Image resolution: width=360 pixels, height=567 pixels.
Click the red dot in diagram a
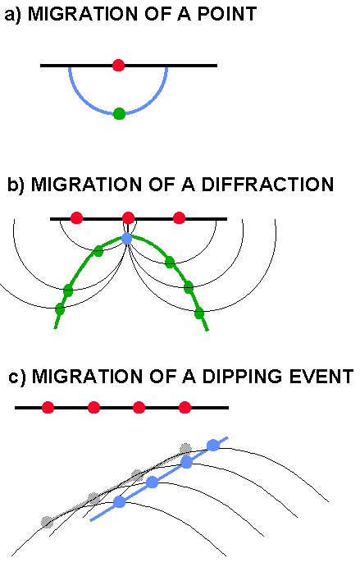click(x=119, y=66)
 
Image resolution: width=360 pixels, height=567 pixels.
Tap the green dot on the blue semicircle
click(x=119, y=113)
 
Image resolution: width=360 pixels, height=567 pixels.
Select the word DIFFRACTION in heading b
click(x=267, y=185)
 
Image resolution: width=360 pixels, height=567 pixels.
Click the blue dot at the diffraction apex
click(x=127, y=239)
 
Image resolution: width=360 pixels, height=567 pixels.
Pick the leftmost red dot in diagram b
click(x=76, y=218)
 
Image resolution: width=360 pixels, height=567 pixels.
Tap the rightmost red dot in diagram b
click(x=180, y=218)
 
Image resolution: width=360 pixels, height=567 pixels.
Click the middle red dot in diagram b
click(x=128, y=218)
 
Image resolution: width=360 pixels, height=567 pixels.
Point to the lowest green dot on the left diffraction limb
click(x=60, y=309)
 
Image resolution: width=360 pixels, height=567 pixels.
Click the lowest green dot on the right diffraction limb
click(x=199, y=313)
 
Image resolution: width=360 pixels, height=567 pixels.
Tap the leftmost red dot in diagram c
click(x=48, y=407)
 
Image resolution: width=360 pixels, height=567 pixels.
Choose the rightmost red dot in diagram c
click(x=185, y=407)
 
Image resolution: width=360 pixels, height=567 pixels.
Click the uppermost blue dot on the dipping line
click(x=213, y=445)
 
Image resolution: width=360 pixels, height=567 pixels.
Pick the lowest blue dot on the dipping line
click(x=119, y=501)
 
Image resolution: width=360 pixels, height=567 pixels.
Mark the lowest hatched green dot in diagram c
click(x=47, y=522)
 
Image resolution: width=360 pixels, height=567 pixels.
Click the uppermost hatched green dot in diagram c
click(x=185, y=449)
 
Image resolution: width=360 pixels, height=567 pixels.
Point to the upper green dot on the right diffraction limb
click(x=170, y=262)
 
